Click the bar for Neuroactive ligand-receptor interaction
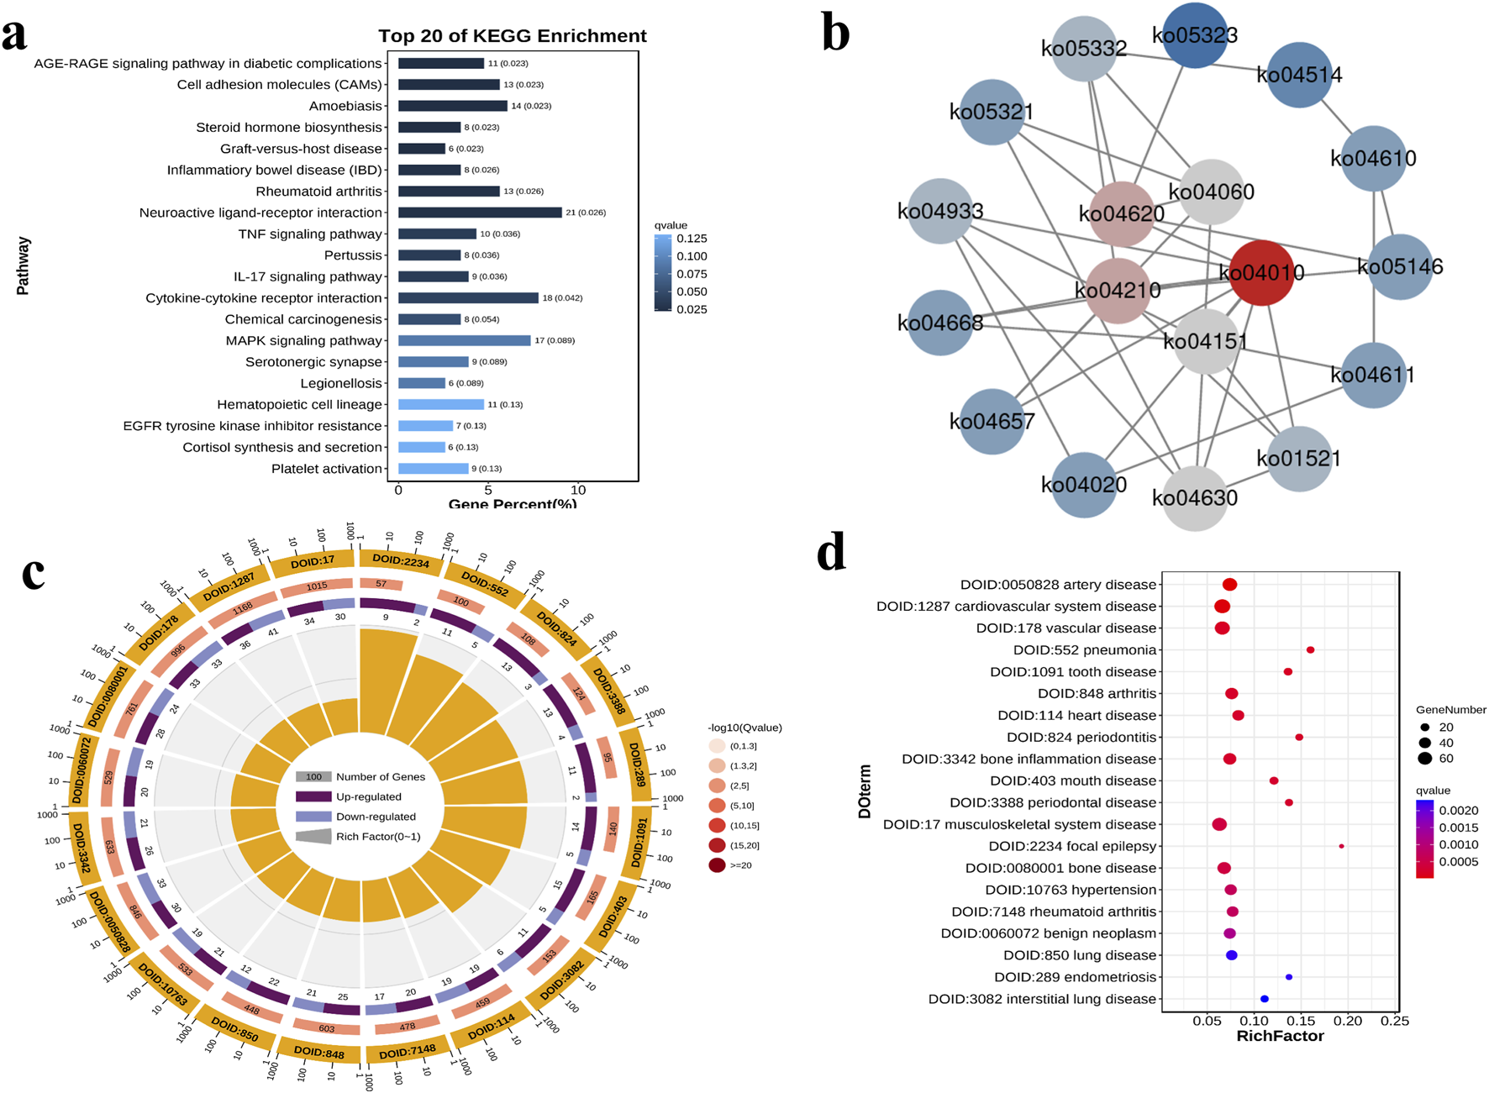tap(479, 213)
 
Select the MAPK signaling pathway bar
tap(464, 340)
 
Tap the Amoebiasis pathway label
tap(345, 106)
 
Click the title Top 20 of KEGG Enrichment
tap(512, 36)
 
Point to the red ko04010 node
tap(1260, 272)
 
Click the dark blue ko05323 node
tap(1194, 35)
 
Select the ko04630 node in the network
tap(1194, 497)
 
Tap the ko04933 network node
tap(939, 211)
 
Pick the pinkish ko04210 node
tap(1118, 290)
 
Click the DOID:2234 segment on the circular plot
tap(401, 560)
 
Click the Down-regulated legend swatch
tap(313, 817)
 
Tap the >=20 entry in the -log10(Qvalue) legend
tap(717, 865)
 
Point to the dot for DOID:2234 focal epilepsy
tap(1341, 846)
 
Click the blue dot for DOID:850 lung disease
tap(1231, 955)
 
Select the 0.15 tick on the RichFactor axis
tap(1301, 1021)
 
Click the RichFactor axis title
tap(1280, 1037)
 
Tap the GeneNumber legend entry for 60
tap(1424, 759)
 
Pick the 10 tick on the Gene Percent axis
tap(578, 490)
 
